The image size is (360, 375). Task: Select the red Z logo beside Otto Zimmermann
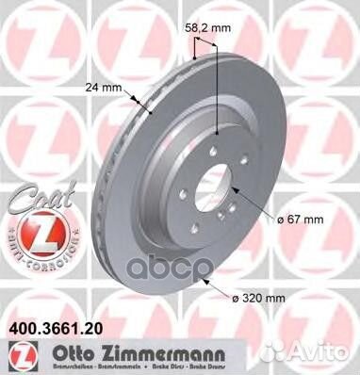click(15, 356)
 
